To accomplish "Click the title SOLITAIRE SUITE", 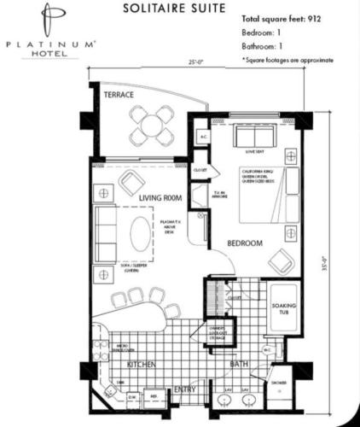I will click(175, 9).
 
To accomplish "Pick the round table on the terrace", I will click(153, 125).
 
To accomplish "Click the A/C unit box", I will click(203, 137).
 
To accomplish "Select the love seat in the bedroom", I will click(252, 137).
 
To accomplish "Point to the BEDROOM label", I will click(244, 243).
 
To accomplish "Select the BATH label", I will click(238, 365).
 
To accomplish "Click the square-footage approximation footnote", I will click(287, 60).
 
